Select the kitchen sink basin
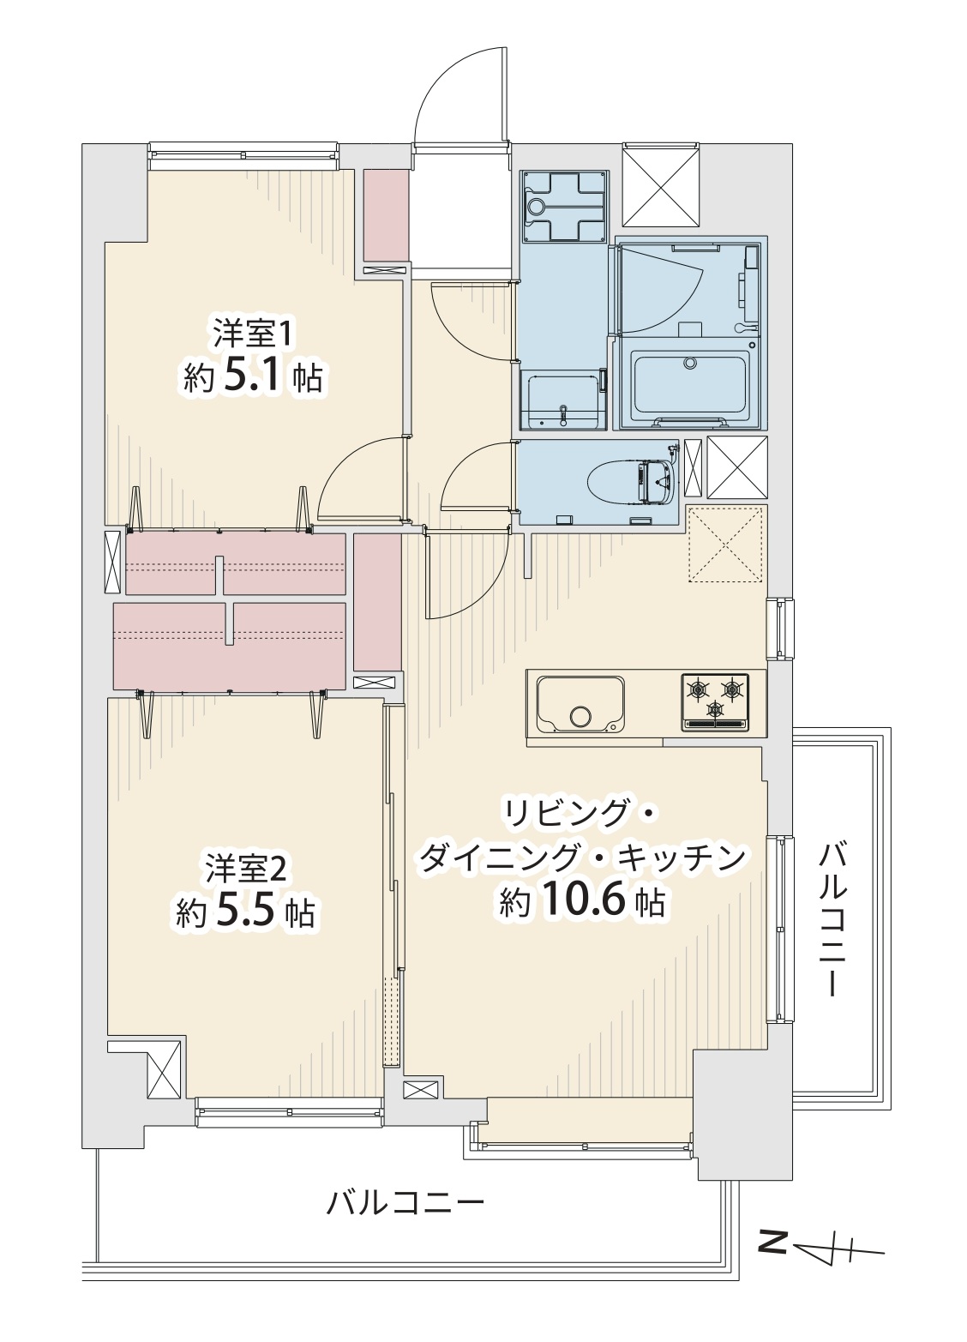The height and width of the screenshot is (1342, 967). [580, 705]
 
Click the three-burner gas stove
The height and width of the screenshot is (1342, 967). [715, 702]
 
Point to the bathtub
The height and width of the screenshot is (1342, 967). [689, 382]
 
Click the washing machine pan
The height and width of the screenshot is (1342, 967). [565, 206]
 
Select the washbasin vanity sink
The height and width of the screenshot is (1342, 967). [563, 400]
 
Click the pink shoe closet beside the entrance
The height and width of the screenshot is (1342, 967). [387, 216]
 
